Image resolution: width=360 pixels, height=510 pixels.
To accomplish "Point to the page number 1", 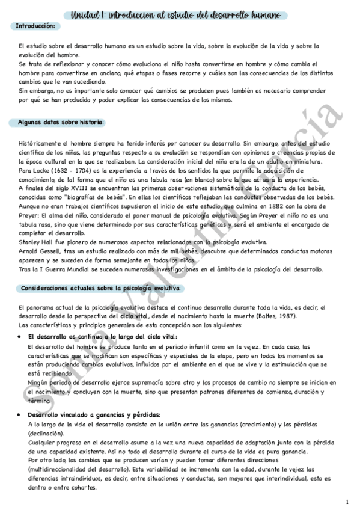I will tap(347, 502).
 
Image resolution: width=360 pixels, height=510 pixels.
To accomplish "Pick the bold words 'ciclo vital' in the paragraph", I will tap(135, 316).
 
